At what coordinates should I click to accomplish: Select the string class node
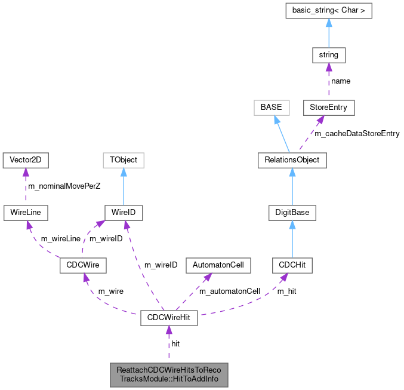pyautogui.click(x=329, y=55)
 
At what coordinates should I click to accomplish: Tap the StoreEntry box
pyautogui.click(x=329, y=108)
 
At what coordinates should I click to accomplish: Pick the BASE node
pyautogui.click(x=272, y=108)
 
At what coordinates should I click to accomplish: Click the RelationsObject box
pyautogui.click(x=292, y=160)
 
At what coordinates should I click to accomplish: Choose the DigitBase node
pyautogui.click(x=292, y=212)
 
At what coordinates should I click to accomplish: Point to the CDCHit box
pyautogui.click(x=292, y=265)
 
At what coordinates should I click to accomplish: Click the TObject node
pyautogui.click(x=124, y=160)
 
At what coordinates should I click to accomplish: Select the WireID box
pyautogui.click(x=124, y=212)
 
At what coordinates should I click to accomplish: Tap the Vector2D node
pyautogui.click(x=25, y=160)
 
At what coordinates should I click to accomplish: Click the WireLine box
pyautogui.click(x=25, y=212)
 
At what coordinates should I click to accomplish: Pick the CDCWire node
pyautogui.click(x=83, y=265)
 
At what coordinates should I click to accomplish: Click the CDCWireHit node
pyautogui.click(x=168, y=317)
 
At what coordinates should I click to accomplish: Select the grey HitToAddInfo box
pyautogui.click(x=168, y=374)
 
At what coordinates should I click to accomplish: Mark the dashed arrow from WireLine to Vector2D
pyautogui.click(x=25, y=186)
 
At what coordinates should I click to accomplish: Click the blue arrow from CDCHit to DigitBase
pyautogui.click(x=292, y=239)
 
